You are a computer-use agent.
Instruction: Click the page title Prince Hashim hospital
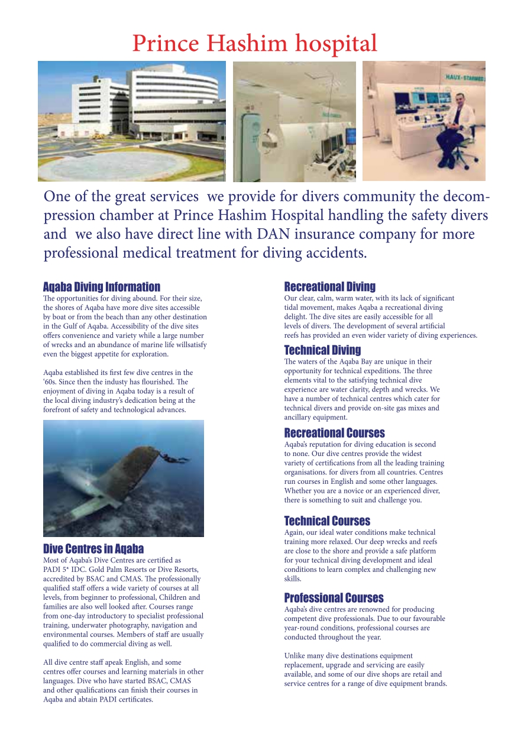(x=254, y=43)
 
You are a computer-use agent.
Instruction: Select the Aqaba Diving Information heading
(x=102, y=287)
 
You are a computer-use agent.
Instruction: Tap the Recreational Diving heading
(x=329, y=287)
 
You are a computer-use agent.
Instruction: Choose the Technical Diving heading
(x=322, y=350)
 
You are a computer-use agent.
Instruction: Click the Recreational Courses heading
(x=334, y=433)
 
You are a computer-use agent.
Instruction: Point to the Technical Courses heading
(x=327, y=521)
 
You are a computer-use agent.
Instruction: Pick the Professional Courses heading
(x=334, y=598)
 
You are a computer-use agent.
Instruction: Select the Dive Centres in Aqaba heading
(x=93, y=548)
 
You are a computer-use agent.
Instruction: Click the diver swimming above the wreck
(x=176, y=458)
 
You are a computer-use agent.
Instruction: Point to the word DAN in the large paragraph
(x=273, y=234)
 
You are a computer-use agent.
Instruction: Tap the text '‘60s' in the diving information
(x=51, y=382)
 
